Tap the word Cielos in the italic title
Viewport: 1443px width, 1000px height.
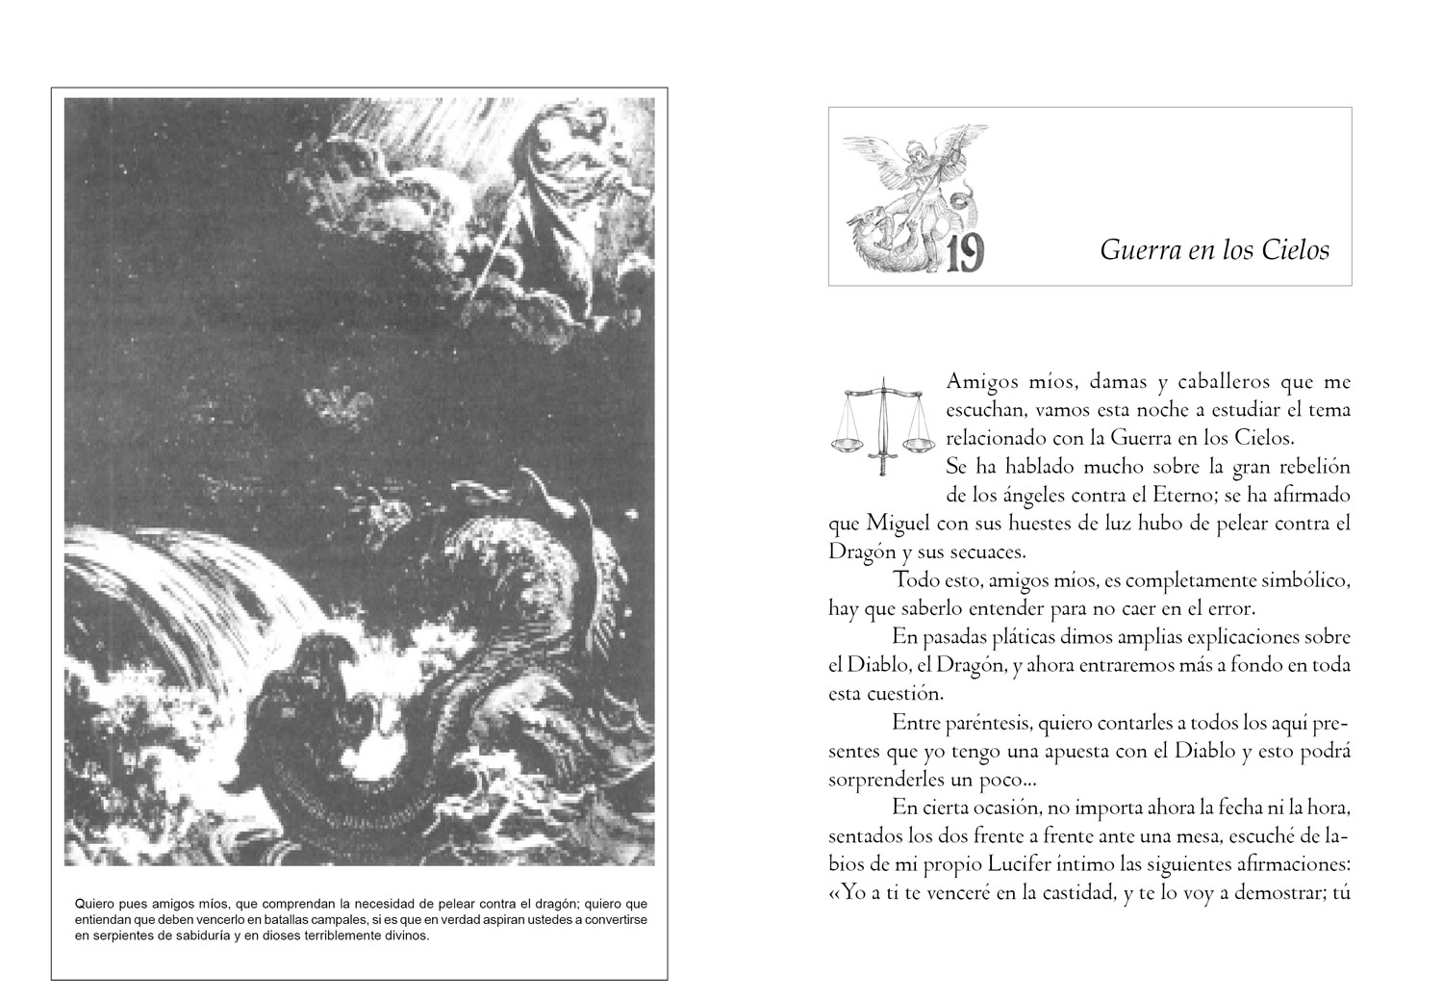1296,251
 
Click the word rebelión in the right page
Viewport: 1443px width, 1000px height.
1312,468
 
